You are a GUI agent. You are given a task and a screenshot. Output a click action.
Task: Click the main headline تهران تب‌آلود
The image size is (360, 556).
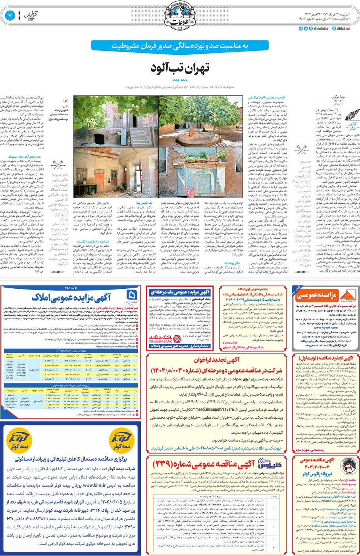point(179,68)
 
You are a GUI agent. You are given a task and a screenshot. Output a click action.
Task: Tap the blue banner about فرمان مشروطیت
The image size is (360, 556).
point(179,46)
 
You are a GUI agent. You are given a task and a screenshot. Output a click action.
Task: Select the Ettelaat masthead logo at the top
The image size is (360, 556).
point(180,16)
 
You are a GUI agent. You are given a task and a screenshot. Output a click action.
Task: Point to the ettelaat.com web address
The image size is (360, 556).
point(343,29)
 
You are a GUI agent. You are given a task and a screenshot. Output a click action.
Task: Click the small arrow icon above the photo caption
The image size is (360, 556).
point(65,101)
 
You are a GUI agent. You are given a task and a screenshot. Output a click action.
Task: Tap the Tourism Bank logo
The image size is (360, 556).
point(166,339)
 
